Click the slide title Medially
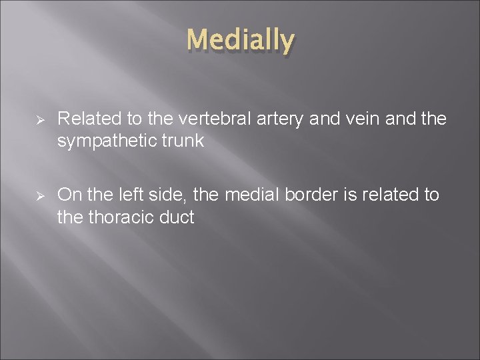coord(240,41)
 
